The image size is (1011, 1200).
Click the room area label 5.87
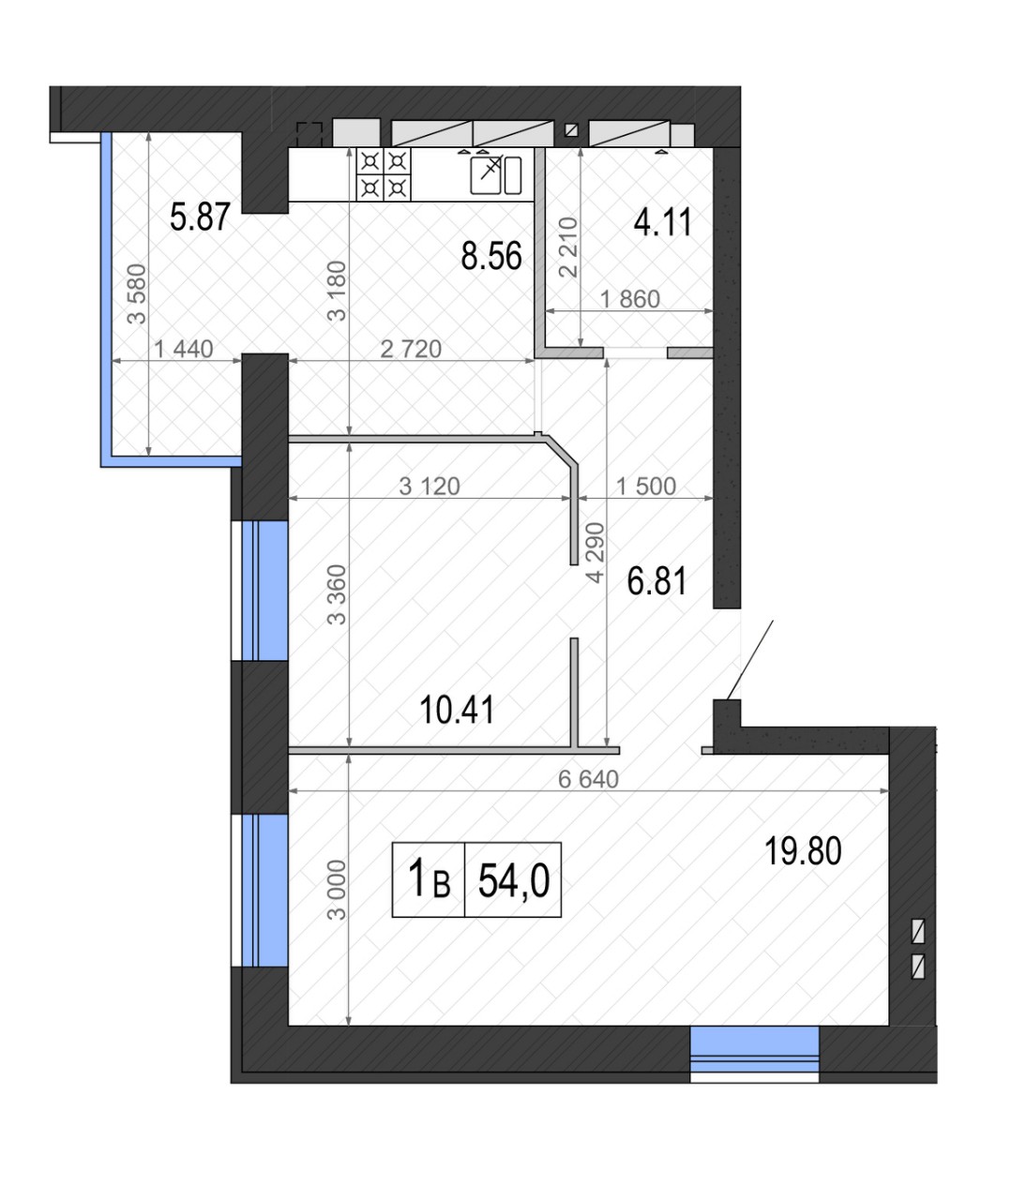(x=200, y=217)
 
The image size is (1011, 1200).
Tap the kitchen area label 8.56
(x=491, y=256)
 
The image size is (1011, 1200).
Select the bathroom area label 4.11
(x=662, y=222)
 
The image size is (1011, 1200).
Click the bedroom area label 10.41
(x=457, y=710)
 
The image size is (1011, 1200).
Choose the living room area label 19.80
(x=803, y=851)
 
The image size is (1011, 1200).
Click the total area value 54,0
(x=514, y=880)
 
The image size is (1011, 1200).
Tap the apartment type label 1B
(x=429, y=878)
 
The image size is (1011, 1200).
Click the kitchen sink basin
(x=486, y=175)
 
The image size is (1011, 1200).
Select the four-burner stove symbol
(x=384, y=174)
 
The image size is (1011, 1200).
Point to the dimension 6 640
(x=588, y=779)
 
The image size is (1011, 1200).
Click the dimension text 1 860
(x=629, y=299)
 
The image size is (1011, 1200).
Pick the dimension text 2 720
(x=411, y=349)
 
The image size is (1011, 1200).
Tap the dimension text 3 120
(x=430, y=487)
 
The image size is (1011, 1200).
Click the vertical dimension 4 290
(x=596, y=552)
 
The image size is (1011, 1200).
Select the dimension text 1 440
(x=184, y=349)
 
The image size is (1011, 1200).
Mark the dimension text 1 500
(x=646, y=487)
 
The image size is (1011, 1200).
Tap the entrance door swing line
(x=750, y=660)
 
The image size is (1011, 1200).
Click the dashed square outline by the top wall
(x=309, y=134)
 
